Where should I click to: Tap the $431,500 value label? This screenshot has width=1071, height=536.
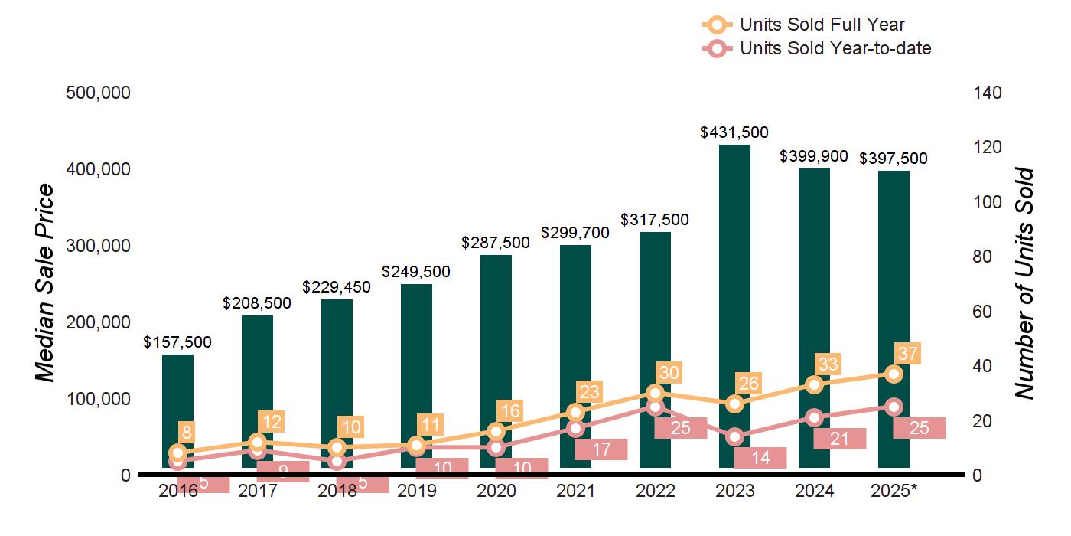(x=734, y=132)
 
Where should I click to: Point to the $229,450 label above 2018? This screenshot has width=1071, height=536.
(x=337, y=287)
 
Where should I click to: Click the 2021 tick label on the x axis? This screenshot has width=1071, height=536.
(x=575, y=491)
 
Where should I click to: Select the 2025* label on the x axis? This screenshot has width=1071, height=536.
(x=894, y=491)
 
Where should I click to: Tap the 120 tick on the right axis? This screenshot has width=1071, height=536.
(x=987, y=147)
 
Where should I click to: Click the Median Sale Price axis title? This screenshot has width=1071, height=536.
(x=46, y=283)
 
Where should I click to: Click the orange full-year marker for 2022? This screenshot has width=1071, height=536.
(x=655, y=393)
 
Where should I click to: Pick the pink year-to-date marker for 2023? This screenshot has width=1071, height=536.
(x=734, y=437)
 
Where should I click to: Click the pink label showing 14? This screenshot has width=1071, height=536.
(x=760, y=458)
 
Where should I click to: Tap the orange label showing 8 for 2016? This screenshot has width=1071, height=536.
(x=186, y=431)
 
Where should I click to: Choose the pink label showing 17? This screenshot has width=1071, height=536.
(x=601, y=449)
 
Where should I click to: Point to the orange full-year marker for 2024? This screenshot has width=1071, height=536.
(x=814, y=384)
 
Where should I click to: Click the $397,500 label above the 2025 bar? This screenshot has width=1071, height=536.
(x=894, y=159)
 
